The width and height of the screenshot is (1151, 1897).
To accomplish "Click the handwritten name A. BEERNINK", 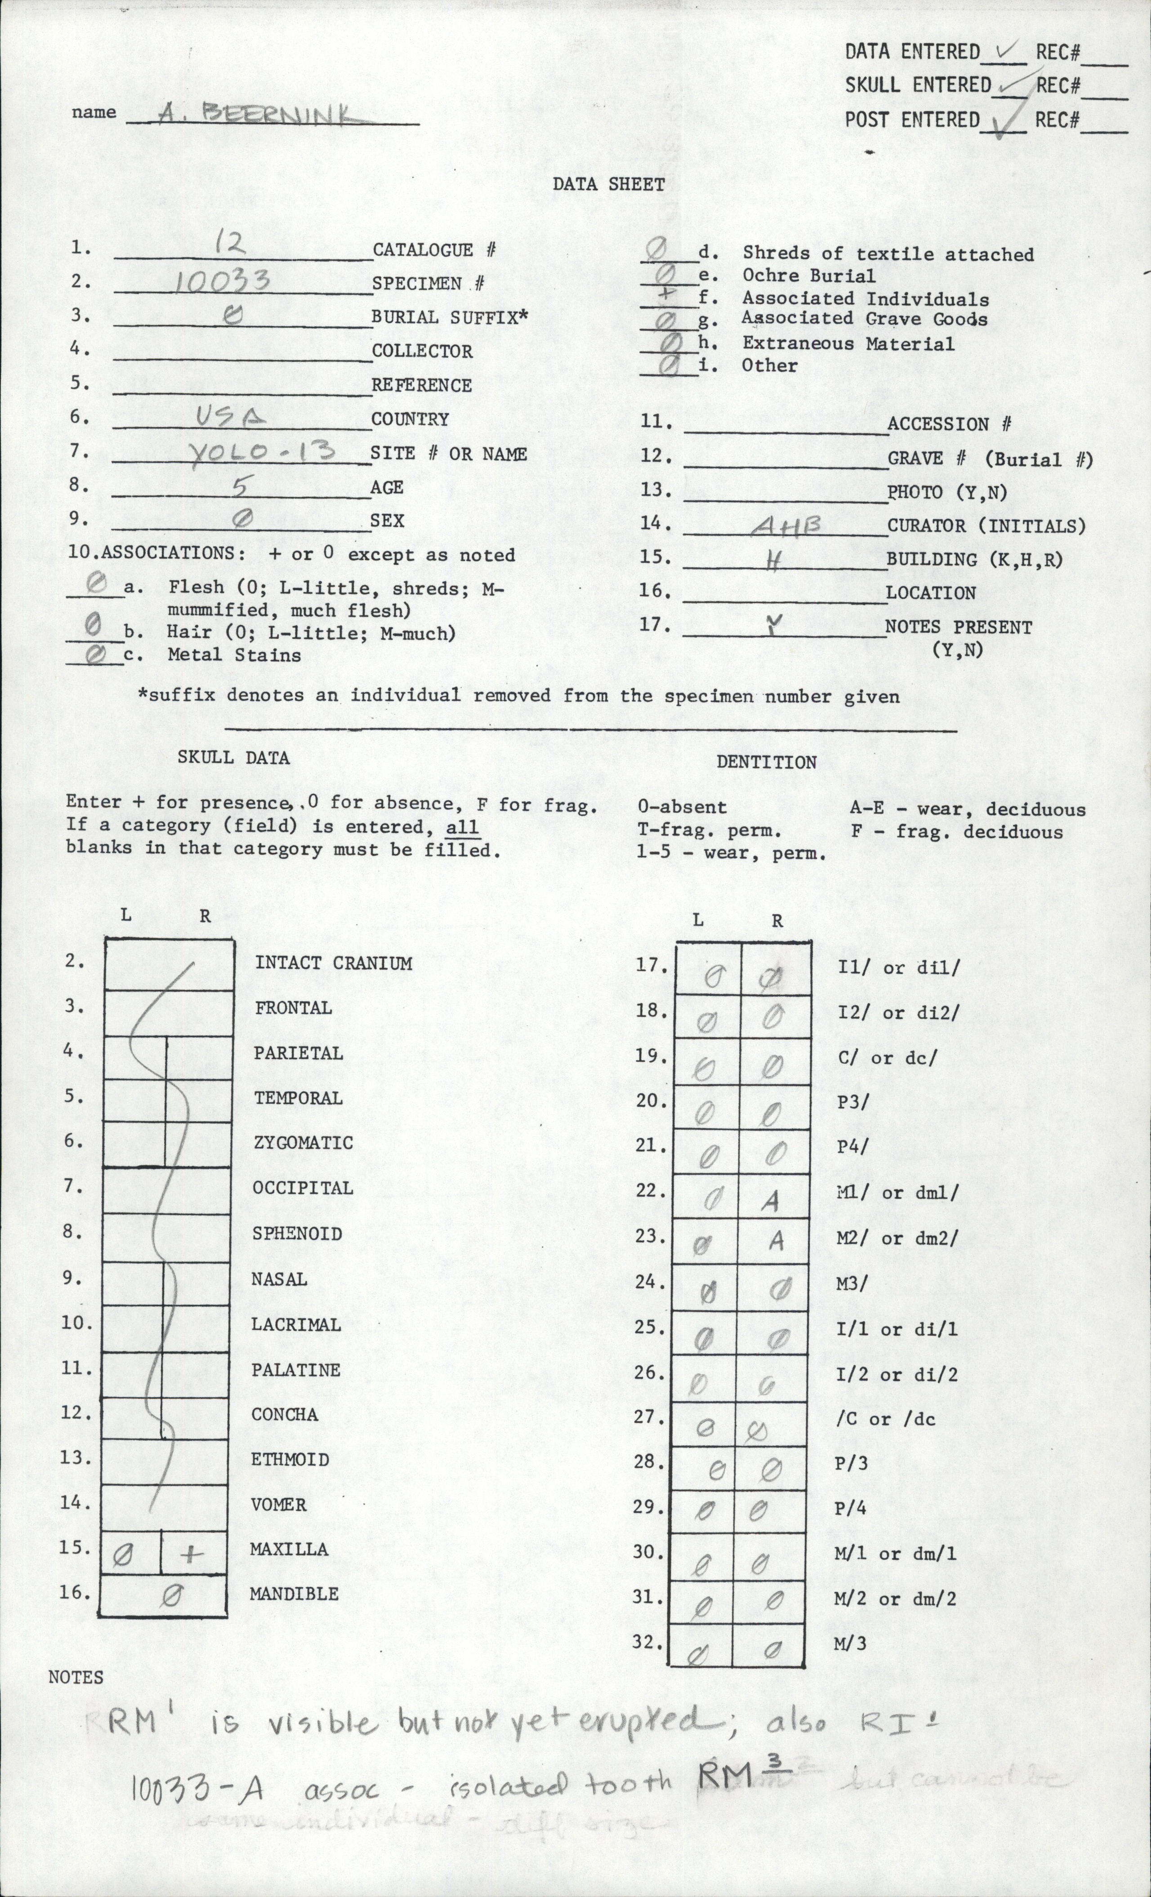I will pos(258,116).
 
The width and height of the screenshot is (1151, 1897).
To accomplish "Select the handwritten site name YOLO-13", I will pos(262,450).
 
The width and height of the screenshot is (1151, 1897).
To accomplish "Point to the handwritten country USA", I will pos(231,417).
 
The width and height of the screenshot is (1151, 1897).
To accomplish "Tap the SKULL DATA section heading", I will pos(233,757).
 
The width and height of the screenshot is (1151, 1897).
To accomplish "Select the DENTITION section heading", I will pos(766,762).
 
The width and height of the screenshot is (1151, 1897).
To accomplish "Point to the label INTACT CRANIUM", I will pos(333,963).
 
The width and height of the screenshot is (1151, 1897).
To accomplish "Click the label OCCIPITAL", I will pos(303,1188).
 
